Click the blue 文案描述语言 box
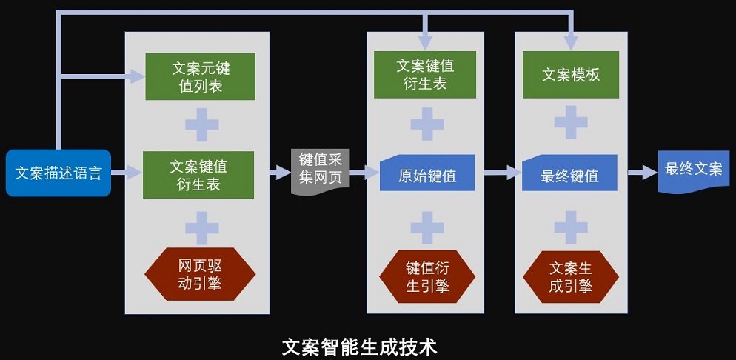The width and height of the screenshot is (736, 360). (x=58, y=173)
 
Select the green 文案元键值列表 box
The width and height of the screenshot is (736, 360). (x=201, y=77)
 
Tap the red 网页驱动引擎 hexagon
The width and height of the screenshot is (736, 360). (x=200, y=273)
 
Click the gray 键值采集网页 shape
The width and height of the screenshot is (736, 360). (x=320, y=172)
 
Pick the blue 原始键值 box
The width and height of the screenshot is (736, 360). (x=426, y=175)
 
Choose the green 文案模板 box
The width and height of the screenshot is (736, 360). (x=570, y=75)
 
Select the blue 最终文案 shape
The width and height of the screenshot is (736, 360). (x=693, y=171)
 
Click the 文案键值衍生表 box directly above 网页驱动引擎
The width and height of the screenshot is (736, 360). (x=198, y=175)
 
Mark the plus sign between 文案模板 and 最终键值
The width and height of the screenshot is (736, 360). (x=571, y=123)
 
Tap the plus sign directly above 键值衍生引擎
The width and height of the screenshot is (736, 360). (x=427, y=227)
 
